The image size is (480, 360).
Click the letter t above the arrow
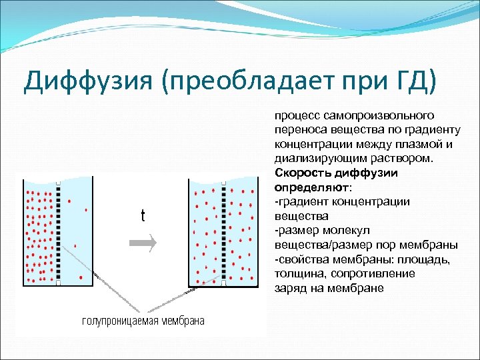pos(143,216)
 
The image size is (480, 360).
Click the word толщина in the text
pos(297,273)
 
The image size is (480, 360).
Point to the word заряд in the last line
pos(289,288)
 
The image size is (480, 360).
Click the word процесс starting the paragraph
pos(293,115)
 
